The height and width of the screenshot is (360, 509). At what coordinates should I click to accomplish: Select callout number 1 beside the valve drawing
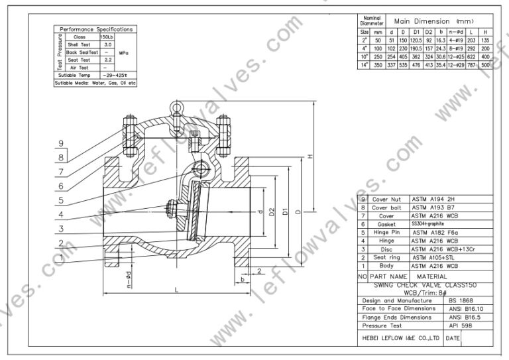(x=60, y=257)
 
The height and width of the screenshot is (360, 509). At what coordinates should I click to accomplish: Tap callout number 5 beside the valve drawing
(x=60, y=200)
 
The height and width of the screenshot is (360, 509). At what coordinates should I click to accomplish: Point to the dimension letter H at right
(x=310, y=156)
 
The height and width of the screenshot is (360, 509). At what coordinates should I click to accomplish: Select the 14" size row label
(x=365, y=66)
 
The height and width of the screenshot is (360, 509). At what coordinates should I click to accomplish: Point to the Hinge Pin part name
(x=389, y=232)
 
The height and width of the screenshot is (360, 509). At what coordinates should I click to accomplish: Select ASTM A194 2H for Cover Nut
(x=434, y=199)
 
